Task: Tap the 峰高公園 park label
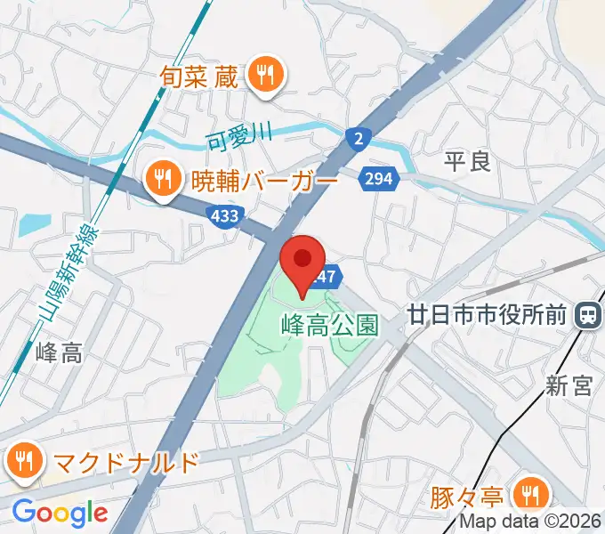329,326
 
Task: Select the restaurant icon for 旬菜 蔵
264,74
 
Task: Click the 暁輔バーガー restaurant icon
162,182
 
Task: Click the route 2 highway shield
358,138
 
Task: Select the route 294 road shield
378,180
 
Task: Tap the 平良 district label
467,161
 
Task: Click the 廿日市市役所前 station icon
587,314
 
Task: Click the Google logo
60,513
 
